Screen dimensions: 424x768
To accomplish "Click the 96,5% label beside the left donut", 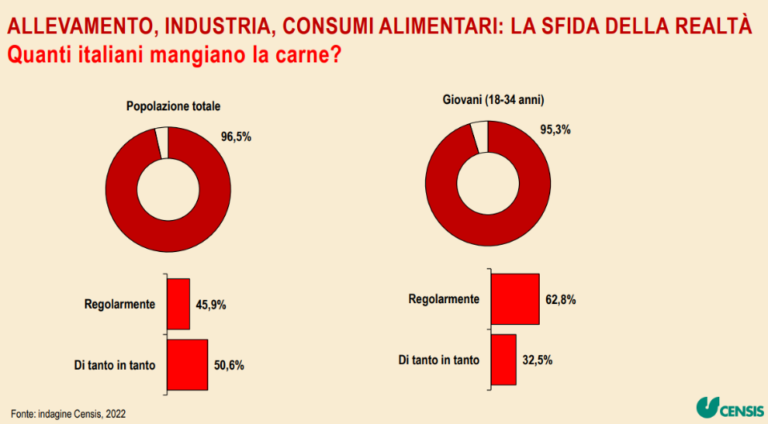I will coord(236,137).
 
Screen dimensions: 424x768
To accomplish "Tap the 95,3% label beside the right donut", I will coord(554,130).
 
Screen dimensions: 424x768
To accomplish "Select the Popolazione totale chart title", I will coord(173,106).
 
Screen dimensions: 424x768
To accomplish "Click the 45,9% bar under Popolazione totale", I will coord(179,304).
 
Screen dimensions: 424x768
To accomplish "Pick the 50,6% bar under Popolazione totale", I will coord(187,365).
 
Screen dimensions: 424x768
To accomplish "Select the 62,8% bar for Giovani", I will coord(515,299).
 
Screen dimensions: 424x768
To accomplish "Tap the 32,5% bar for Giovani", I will coord(503,359).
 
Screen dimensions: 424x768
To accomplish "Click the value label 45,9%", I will coord(211,305).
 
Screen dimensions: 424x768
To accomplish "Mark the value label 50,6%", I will coord(229,366).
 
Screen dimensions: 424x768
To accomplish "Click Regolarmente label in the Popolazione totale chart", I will coord(119,305).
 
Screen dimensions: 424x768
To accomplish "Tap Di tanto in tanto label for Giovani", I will coord(439,360).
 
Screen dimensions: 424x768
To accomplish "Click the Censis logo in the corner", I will coord(729,408).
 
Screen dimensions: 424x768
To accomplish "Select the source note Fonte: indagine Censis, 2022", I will coord(68,413).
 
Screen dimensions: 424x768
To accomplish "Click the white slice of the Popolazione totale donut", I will coord(163,142).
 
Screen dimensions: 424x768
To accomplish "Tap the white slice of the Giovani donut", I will coord(480,136).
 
